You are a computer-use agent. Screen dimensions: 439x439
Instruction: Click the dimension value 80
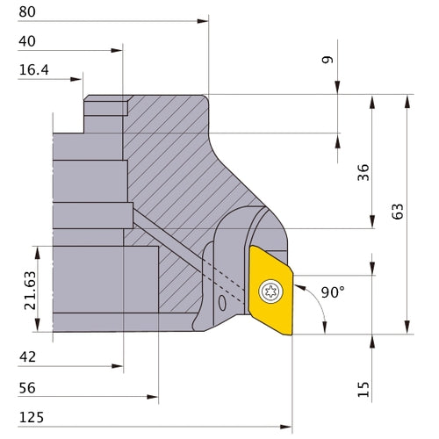pos(28,12)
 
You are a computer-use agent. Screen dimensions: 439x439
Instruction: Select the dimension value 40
pos(28,41)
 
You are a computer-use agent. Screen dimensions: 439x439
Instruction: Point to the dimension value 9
pos(327,61)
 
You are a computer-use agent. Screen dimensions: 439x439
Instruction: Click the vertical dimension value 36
pos(363,172)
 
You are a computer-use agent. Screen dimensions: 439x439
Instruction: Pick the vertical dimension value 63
pos(398,212)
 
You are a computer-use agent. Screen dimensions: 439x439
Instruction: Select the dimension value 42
pos(28,357)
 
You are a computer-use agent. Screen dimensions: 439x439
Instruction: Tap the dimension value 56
pos(28,387)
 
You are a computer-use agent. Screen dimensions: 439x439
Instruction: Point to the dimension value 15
pos(363,386)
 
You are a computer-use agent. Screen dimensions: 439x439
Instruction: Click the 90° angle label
pos(333,291)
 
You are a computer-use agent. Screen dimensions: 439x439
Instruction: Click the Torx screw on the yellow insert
pos(270,289)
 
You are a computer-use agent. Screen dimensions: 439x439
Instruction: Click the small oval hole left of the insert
pos(221,303)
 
